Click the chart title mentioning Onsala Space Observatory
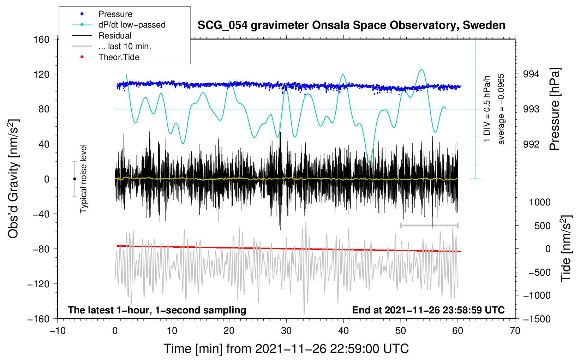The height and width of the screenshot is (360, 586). pos(351,25)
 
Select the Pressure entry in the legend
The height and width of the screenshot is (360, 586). pos(115,14)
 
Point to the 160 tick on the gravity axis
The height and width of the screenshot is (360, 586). pos(42,40)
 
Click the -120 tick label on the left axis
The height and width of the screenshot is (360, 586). pos(38,284)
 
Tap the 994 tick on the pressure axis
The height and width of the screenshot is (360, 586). pos(531,74)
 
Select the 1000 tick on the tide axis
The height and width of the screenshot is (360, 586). pos(540,202)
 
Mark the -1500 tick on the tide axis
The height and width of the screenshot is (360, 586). pos(537,319)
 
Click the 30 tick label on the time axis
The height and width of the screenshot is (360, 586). pos(286,331)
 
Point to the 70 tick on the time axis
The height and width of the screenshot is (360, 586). pos(515,331)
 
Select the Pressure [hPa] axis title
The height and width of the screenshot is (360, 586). pos(555,109)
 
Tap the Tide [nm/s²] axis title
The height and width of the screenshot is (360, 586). pos(566,248)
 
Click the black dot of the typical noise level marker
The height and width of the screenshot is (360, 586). pos(74,179)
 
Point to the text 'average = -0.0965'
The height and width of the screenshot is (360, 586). pos(501,109)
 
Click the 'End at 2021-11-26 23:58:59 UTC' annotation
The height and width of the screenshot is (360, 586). pos(428,310)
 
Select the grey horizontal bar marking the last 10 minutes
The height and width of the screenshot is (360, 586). pos(429,225)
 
